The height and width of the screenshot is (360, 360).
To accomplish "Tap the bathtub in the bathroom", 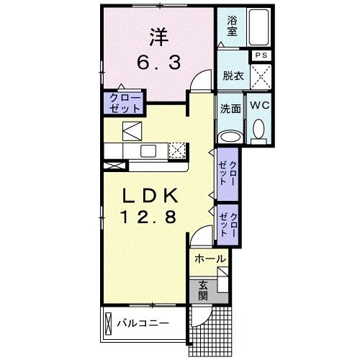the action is point(258,27).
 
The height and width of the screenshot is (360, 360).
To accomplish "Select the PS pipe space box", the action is point(261,55).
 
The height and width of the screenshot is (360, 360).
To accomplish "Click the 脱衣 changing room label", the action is point(233,76).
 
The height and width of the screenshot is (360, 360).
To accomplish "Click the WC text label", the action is point(260,105).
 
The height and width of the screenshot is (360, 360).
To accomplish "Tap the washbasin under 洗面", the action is point(230,137).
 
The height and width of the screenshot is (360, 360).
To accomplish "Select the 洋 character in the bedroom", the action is point(158,37).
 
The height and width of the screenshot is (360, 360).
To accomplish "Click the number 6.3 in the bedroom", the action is point(158,63).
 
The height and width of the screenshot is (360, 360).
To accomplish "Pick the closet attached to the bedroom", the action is point(124,103).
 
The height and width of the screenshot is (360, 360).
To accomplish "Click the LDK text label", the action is point(150,196).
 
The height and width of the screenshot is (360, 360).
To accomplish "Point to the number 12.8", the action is point(149,217).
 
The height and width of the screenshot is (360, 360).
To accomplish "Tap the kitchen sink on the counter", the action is point(148,151).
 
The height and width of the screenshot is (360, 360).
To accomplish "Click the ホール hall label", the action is point(210,259).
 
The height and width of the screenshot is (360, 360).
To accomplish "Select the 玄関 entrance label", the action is point(203,291).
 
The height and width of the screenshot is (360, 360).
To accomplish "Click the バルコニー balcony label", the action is point(143,323).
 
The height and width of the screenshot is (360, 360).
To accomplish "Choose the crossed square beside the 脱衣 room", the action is point(261,76).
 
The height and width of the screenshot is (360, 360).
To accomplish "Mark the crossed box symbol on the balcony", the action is point(109,323).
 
